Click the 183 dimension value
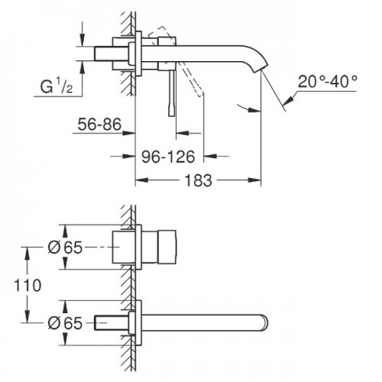(x=198, y=180)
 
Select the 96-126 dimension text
(x=168, y=157)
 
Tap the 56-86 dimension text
(x=99, y=125)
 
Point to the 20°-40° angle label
(x=328, y=82)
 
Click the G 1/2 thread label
(x=57, y=86)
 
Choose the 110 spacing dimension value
(x=28, y=285)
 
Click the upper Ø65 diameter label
(x=65, y=248)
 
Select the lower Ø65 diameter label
(x=65, y=323)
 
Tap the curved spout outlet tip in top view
(x=261, y=68)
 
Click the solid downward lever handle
(x=172, y=93)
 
